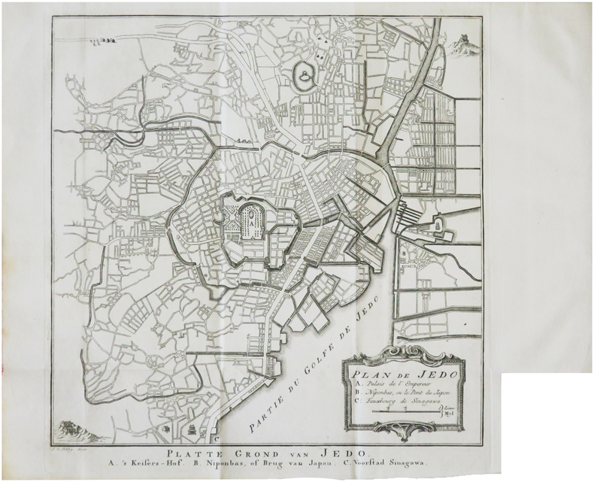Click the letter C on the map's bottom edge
216,434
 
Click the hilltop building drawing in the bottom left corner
72,429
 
